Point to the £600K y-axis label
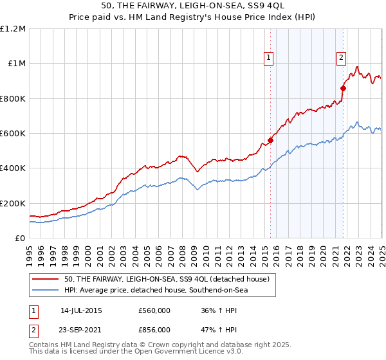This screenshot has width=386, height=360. click(13, 134)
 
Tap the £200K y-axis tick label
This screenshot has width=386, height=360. click(13, 203)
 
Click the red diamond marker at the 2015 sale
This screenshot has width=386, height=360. click(270, 141)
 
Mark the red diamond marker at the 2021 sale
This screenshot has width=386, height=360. click(343, 89)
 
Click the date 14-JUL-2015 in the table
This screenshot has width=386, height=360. click(81, 310)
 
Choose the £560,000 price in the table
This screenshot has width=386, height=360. click(154, 310)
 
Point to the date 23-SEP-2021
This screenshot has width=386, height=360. click(81, 329)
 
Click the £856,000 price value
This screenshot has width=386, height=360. click(154, 329)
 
